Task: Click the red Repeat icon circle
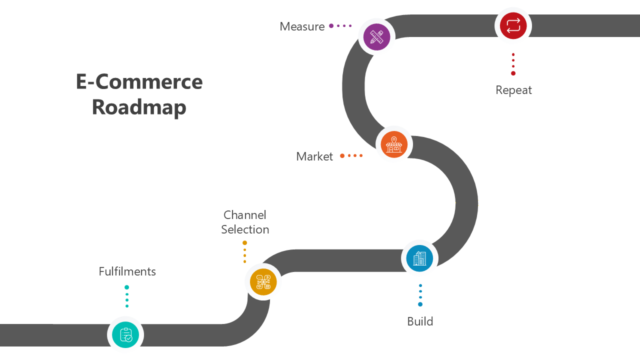(513, 25)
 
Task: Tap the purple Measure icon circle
(376, 37)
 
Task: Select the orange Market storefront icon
(394, 144)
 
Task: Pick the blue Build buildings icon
(419, 258)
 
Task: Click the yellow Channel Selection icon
(263, 282)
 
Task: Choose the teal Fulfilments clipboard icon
(125, 334)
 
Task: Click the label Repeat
(513, 90)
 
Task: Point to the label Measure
(302, 26)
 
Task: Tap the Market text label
(314, 156)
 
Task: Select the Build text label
(420, 321)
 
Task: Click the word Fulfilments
(127, 271)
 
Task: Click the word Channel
(244, 215)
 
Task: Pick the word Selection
(245, 229)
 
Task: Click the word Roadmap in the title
(139, 107)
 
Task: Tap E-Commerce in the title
(139, 81)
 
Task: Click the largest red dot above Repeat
(513, 73)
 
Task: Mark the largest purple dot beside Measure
(331, 26)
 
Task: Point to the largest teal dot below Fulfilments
(127, 287)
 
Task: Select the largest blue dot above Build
(420, 304)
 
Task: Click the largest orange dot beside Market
(342, 156)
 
